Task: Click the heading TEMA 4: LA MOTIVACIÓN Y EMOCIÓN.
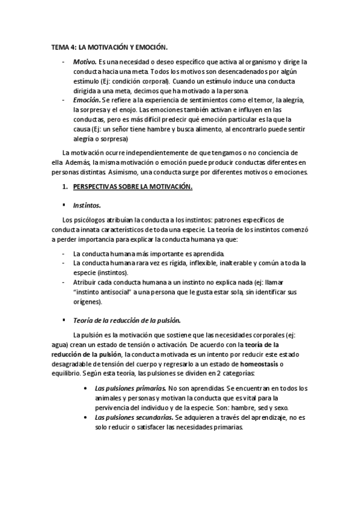click(109, 47)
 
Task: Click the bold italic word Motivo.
click(84, 63)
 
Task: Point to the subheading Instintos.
click(87, 204)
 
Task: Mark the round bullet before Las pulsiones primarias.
click(89, 388)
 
